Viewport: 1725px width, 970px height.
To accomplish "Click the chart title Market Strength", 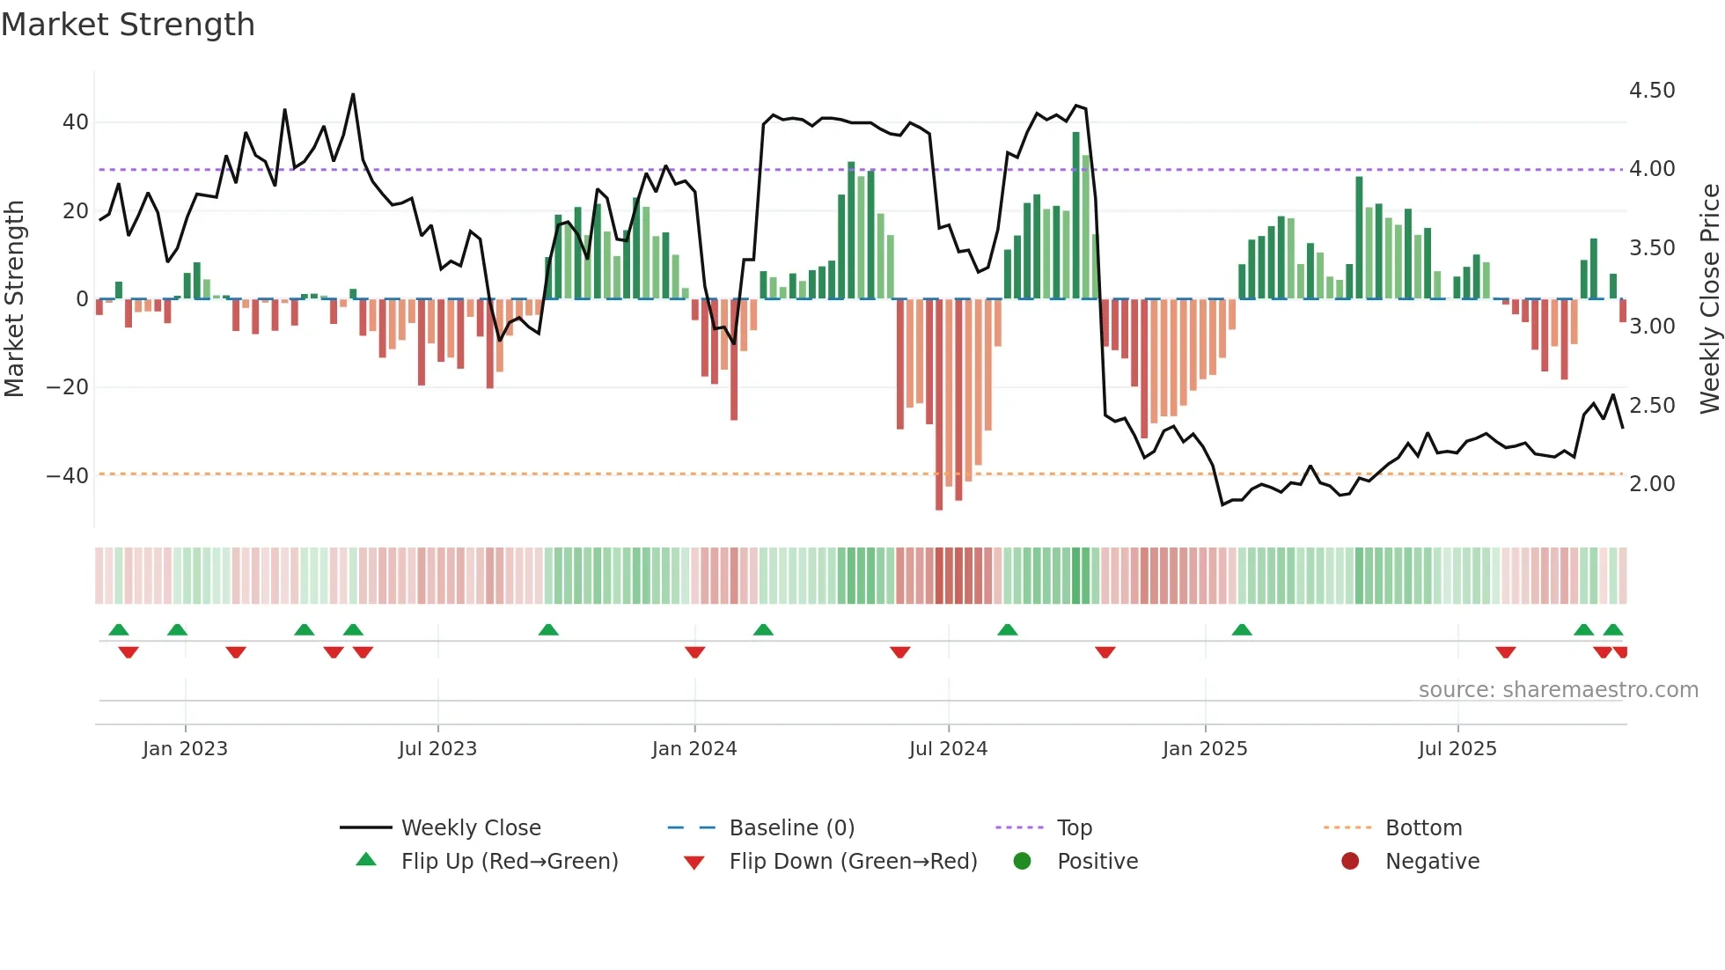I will [x=128, y=25].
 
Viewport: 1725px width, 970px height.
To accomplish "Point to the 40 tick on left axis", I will [x=75, y=122].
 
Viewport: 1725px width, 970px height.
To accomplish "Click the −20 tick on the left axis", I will [x=67, y=387].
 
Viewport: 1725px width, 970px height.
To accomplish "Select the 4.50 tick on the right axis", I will [x=1651, y=91].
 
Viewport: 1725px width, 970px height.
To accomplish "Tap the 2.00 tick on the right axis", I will [x=1651, y=484].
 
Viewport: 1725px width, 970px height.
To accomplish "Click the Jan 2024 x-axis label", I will [x=694, y=749].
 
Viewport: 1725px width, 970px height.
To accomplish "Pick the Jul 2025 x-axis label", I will [x=1457, y=749].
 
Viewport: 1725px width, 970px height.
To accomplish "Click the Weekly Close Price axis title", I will [x=1709, y=299].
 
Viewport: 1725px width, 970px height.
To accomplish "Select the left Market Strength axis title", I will [x=14, y=299].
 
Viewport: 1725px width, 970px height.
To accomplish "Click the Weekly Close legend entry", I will [x=470, y=828].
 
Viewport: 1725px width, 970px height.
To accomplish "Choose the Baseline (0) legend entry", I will [x=791, y=828].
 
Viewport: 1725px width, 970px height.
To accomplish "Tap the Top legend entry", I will [x=1074, y=828].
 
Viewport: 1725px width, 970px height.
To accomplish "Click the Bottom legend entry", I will [x=1423, y=828].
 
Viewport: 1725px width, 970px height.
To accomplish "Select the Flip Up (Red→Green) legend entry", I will [x=509, y=862].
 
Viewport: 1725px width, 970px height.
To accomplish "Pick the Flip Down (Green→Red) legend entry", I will [x=852, y=862].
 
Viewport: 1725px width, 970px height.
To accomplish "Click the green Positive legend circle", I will [x=1022, y=862].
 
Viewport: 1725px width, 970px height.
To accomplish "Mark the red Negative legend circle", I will [x=1350, y=862].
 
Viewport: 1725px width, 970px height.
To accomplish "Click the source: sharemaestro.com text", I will [x=1558, y=690].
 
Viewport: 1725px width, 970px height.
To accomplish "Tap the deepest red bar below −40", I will [x=939, y=405].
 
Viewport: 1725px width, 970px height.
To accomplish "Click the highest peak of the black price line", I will [x=353, y=95].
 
